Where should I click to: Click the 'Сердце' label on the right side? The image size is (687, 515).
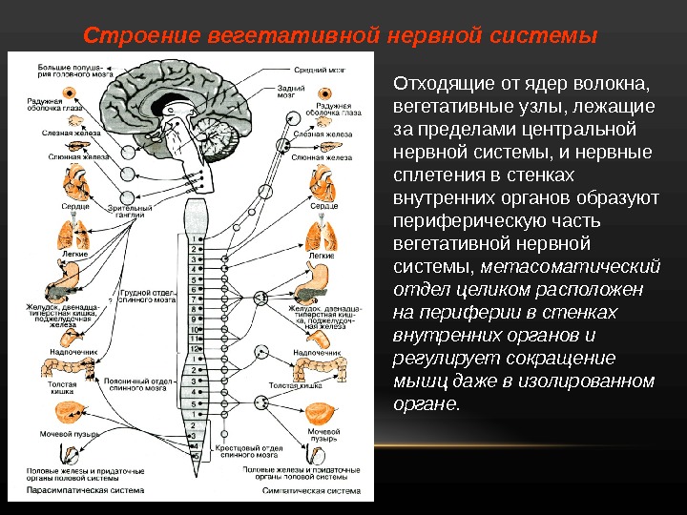tap(324, 205)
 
